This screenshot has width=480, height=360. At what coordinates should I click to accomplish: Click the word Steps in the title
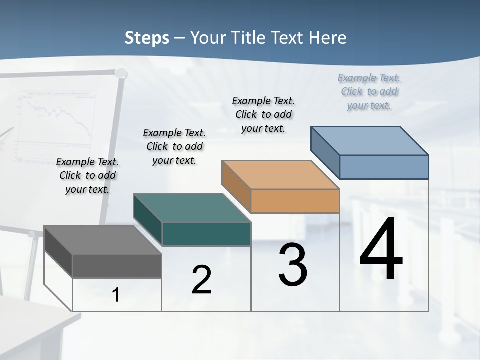(x=147, y=38)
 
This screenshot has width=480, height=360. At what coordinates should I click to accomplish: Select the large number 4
(x=381, y=250)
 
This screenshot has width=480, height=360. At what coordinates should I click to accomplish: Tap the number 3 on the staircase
(x=293, y=265)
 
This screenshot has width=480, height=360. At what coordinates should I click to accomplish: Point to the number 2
(x=201, y=280)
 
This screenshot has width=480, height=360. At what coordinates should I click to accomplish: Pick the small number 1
(x=116, y=295)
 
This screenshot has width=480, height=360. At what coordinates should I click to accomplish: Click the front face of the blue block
(x=384, y=167)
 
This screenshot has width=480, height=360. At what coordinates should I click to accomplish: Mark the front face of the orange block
(x=295, y=201)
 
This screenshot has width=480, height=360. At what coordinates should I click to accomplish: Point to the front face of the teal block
(x=206, y=234)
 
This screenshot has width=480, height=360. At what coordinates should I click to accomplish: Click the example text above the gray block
(x=87, y=175)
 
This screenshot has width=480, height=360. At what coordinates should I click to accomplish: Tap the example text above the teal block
(x=174, y=146)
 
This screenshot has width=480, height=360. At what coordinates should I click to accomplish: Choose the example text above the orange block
(x=263, y=114)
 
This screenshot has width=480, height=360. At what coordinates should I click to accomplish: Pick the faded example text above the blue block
(x=369, y=91)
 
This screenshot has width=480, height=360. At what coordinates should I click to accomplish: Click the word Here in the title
(x=328, y=38)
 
